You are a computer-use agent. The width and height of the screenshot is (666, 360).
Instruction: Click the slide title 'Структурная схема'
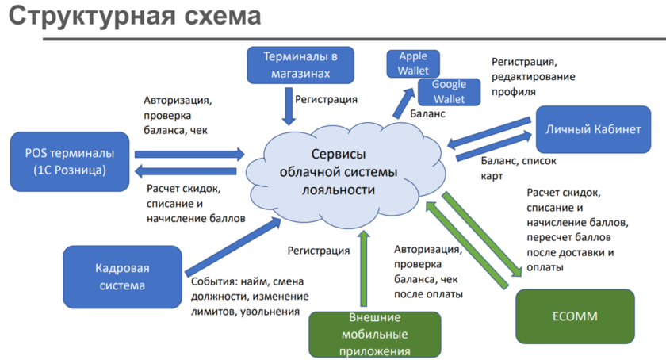click(x=134, y=18)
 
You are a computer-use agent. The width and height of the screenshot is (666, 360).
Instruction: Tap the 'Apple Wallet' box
click(x=412, y=63)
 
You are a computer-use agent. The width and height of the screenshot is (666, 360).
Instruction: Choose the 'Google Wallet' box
click(x=449, y=91)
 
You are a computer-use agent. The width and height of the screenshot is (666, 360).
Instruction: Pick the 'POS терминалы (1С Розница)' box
click(x=70, y=162)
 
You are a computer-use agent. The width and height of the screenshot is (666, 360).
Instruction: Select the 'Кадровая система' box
click(x=121, y=275)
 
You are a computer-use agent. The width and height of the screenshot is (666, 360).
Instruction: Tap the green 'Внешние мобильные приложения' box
click(x=373, y=334)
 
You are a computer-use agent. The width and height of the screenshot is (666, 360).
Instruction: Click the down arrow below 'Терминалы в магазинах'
click(x=289, y=105)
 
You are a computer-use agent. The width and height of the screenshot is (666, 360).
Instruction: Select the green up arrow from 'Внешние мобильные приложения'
click(x=364, y=270)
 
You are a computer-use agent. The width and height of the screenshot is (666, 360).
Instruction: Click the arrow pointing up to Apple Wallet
click(x=404, y=101)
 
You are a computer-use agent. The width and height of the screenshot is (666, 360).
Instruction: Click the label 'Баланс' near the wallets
click(x=427, y=114)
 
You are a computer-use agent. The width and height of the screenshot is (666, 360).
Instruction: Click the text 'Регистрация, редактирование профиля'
click(x=533, y=77)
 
